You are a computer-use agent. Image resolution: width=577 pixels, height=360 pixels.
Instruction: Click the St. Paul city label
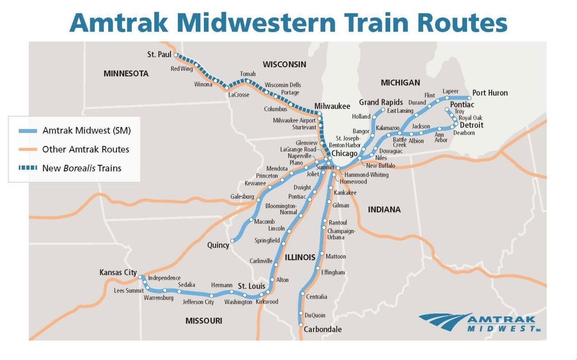click(159, 55)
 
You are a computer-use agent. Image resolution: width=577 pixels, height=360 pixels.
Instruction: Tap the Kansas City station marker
click(140, 278)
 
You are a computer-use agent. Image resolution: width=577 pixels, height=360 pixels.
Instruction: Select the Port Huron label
click(490, 93)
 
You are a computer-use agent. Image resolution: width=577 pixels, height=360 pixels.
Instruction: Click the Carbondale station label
click(323, 329)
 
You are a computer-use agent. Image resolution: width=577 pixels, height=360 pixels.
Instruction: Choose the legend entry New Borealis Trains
click(82, 168)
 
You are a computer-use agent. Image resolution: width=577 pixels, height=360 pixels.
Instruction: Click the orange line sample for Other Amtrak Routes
click(28, 149)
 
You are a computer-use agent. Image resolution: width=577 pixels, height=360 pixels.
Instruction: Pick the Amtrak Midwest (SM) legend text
click(86, 131)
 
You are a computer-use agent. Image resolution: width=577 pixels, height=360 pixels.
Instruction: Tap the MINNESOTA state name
click(126, 74)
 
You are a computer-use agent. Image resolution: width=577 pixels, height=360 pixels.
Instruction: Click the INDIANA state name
click(384, 209)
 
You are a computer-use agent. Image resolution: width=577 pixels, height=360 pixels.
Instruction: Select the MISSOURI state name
click(203, 321)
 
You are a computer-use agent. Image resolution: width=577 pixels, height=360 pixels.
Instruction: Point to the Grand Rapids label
click(381, 102)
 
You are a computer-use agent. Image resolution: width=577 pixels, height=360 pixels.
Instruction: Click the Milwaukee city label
click(332, 106)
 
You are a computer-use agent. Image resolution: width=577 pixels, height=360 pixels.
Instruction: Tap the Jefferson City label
click(198, 302)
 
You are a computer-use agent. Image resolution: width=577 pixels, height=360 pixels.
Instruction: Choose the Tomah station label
click(248, 74)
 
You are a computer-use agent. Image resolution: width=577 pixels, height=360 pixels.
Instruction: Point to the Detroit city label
click(471, 125)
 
